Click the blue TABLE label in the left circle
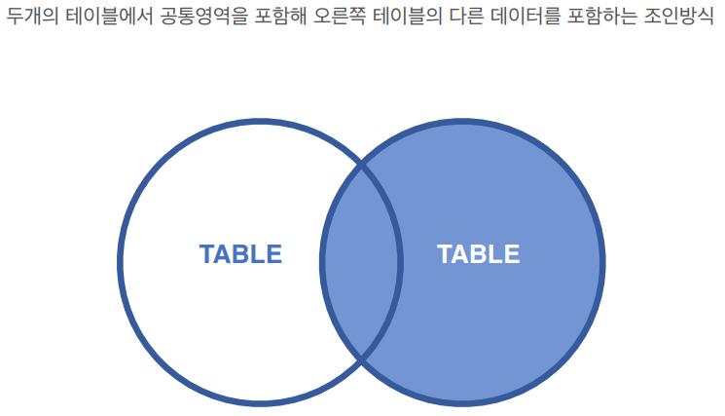click(x=240, y=254)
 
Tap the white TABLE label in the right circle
click(x=478, y=254)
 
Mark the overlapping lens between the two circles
click(x=361, y=263)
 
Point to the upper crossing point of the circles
click(x=361, y=166)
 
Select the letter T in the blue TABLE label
click(x=207, y=254)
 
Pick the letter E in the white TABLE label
click(x=512, y=254)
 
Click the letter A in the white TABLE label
click(x=460, y=254)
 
